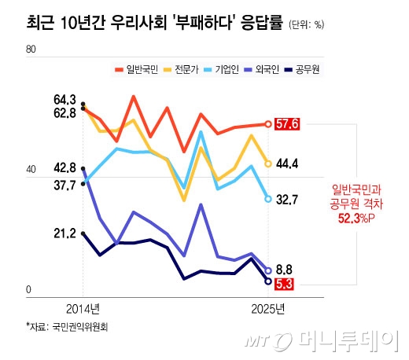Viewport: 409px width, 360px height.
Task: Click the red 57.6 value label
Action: tap(288, 123)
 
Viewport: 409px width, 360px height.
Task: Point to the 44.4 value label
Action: tap(287, 163)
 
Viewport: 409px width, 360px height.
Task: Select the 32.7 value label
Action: tap(287, 200)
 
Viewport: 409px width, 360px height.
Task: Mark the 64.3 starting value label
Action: tap(64, 100)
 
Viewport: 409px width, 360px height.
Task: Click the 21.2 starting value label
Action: tap(64, 233)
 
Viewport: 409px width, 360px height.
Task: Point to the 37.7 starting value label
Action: tap(64, 185)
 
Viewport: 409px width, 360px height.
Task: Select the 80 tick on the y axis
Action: tap(32, 49)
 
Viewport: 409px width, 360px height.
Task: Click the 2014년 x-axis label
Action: tap(82, 307)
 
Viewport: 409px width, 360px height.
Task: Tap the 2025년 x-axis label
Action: tap(267, 307)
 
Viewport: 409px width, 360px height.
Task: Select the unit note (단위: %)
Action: tap(308, 24)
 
